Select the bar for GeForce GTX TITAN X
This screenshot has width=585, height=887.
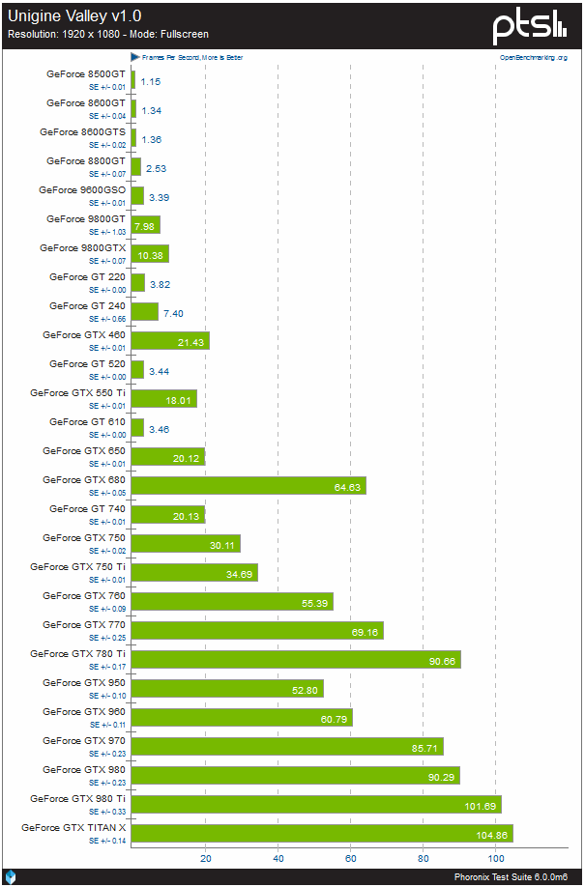coord(321,834)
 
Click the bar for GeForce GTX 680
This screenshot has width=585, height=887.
coord(248,486)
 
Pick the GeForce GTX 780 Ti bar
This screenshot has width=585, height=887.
coord(295,660)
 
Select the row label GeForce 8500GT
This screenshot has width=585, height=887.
coord(86,73)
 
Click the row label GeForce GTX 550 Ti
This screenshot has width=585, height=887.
coord(77,392)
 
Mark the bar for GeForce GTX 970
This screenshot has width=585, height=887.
coord(287,747)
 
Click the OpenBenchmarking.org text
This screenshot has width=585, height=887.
coord(533,58)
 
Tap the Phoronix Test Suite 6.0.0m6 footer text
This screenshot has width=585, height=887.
coord(516,876)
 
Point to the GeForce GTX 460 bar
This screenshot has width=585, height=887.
coord(169,341)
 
